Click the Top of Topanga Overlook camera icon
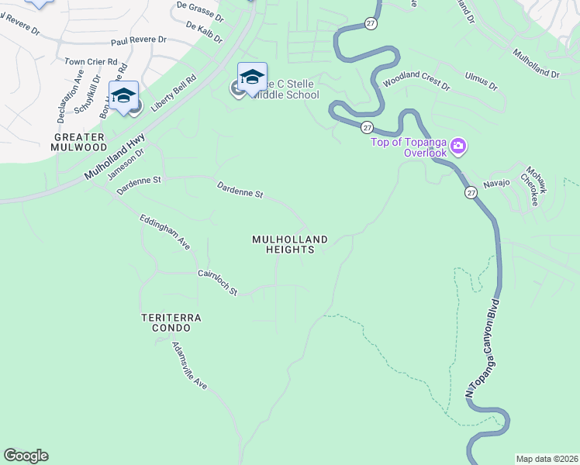[x=458, y=146]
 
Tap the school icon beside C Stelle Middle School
[x=252, y=77]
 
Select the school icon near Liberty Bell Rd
[x=123, y=95]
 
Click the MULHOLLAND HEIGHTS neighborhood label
[x=289, y=245]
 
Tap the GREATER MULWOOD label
[x=79, y=142]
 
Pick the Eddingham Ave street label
[x=164, y=232]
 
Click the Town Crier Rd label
[x=91, y=61]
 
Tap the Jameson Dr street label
[x=126, y=164]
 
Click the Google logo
[x=26, y=456]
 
